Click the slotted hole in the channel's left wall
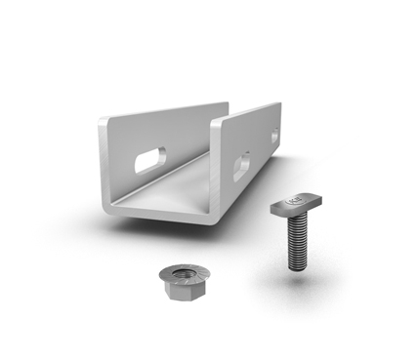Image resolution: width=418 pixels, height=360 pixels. tap(150, 160)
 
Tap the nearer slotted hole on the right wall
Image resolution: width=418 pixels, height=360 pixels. tap(241, 166)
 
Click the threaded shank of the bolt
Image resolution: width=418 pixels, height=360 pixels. tap(297, 243)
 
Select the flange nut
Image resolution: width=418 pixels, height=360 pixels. tap(182, 284)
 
